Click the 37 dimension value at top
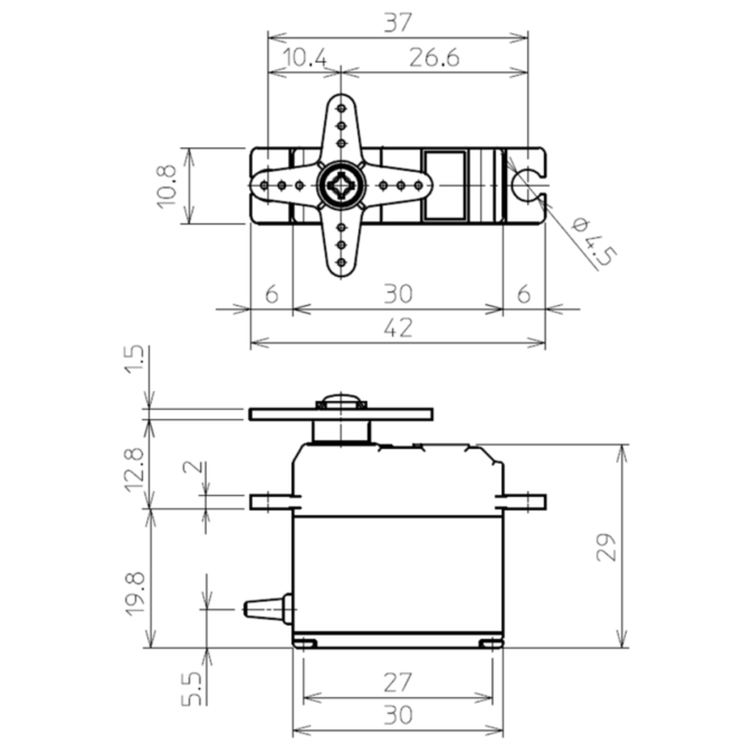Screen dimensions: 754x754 click(397, 24)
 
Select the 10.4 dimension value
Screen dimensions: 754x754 click(304, 58)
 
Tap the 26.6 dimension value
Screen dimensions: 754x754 click(434, 58)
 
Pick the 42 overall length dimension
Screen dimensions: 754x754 click(397, 327)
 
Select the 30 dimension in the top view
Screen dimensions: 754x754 click(397, 293)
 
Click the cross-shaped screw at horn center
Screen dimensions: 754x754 click(340, 185)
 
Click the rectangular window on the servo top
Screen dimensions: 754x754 click(444, 185)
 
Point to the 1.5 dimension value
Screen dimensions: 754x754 click(135, 360)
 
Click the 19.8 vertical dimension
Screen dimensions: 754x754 click(135, 593)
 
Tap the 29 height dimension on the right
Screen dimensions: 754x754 click(606, 547)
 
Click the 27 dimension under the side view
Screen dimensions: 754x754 click(397, 682)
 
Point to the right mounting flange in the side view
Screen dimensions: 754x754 click(524, 501)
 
